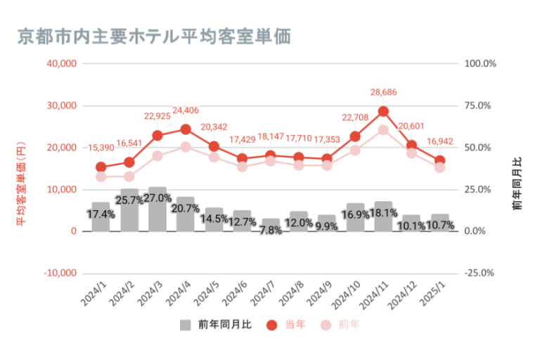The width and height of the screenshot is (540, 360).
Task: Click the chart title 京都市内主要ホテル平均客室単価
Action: [x=154, y=35]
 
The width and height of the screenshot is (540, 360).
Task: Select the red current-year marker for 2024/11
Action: [x=383, y=111]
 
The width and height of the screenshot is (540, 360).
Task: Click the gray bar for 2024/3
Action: [x=157, y=209]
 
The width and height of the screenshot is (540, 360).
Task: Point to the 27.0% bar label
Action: [x=157, y=198]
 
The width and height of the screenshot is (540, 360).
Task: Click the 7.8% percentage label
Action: [x=271, y=230]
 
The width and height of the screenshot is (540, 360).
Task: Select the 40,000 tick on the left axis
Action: [x=61, y=63]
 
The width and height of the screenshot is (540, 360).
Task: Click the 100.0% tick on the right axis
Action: [x=481, y=63]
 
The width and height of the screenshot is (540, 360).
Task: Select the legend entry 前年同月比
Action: [x=215, y=325]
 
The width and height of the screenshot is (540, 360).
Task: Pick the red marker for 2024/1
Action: [x=101, y=167]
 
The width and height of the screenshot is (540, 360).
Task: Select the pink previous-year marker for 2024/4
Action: [x=186, y=147]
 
